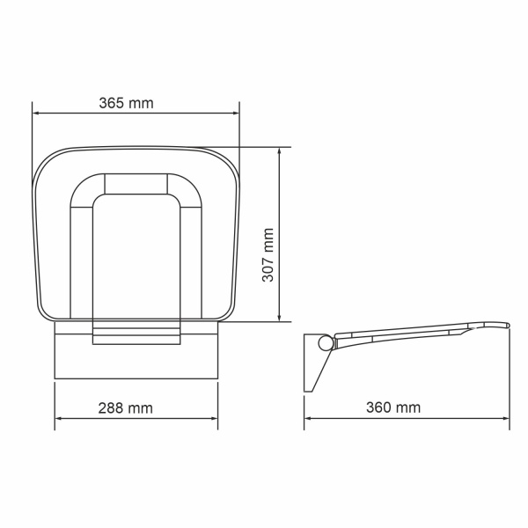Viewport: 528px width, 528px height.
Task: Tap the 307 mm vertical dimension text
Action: tap(268, 255)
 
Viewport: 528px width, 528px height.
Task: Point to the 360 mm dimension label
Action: tap(394, 407)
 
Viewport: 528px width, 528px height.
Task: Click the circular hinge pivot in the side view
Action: tap(324, 342)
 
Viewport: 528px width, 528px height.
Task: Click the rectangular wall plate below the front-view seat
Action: tap(136, 361)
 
